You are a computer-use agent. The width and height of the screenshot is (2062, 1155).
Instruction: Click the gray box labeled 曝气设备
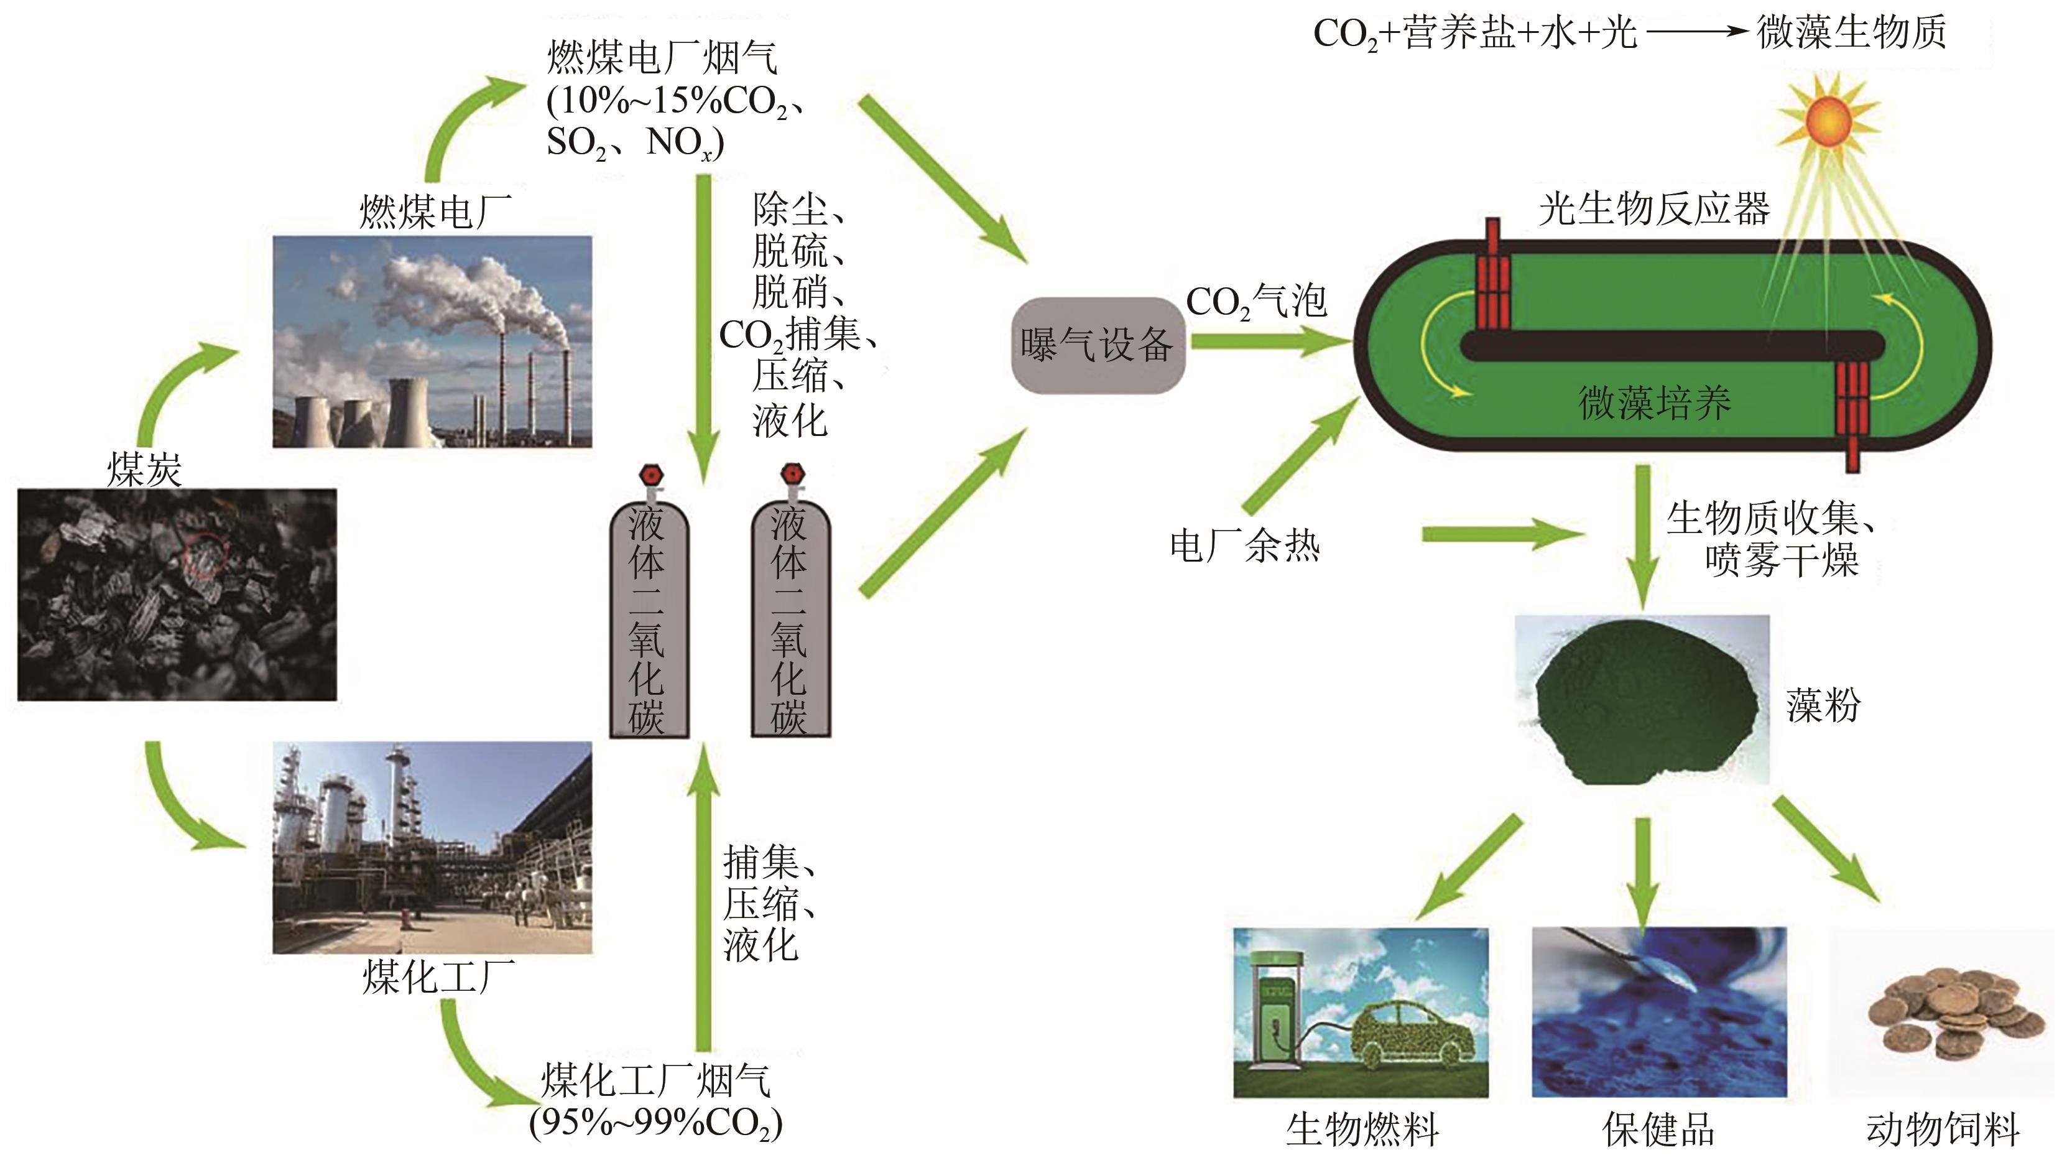coord(1097,345)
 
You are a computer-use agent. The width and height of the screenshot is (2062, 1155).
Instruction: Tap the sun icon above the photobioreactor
coord(1828,122)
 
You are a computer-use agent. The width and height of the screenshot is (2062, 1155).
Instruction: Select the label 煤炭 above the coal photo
coord(144,469)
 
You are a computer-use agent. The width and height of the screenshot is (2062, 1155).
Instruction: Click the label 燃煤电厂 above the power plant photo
coord(435,212)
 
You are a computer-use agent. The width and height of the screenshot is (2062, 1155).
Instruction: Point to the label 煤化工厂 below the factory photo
coord(438,977)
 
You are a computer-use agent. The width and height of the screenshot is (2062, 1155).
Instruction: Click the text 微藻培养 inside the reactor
coord(1653,402)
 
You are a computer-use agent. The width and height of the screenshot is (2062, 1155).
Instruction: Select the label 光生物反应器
coord(1653,210)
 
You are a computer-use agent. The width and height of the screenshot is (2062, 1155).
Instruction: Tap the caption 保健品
coord(1658,1129)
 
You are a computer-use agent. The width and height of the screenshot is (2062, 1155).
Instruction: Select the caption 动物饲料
coord(1942,1129)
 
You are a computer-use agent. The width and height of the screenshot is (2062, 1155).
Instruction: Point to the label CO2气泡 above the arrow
coord(1255,302)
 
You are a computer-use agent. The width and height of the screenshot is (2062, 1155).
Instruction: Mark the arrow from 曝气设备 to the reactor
coord(1269,342)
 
